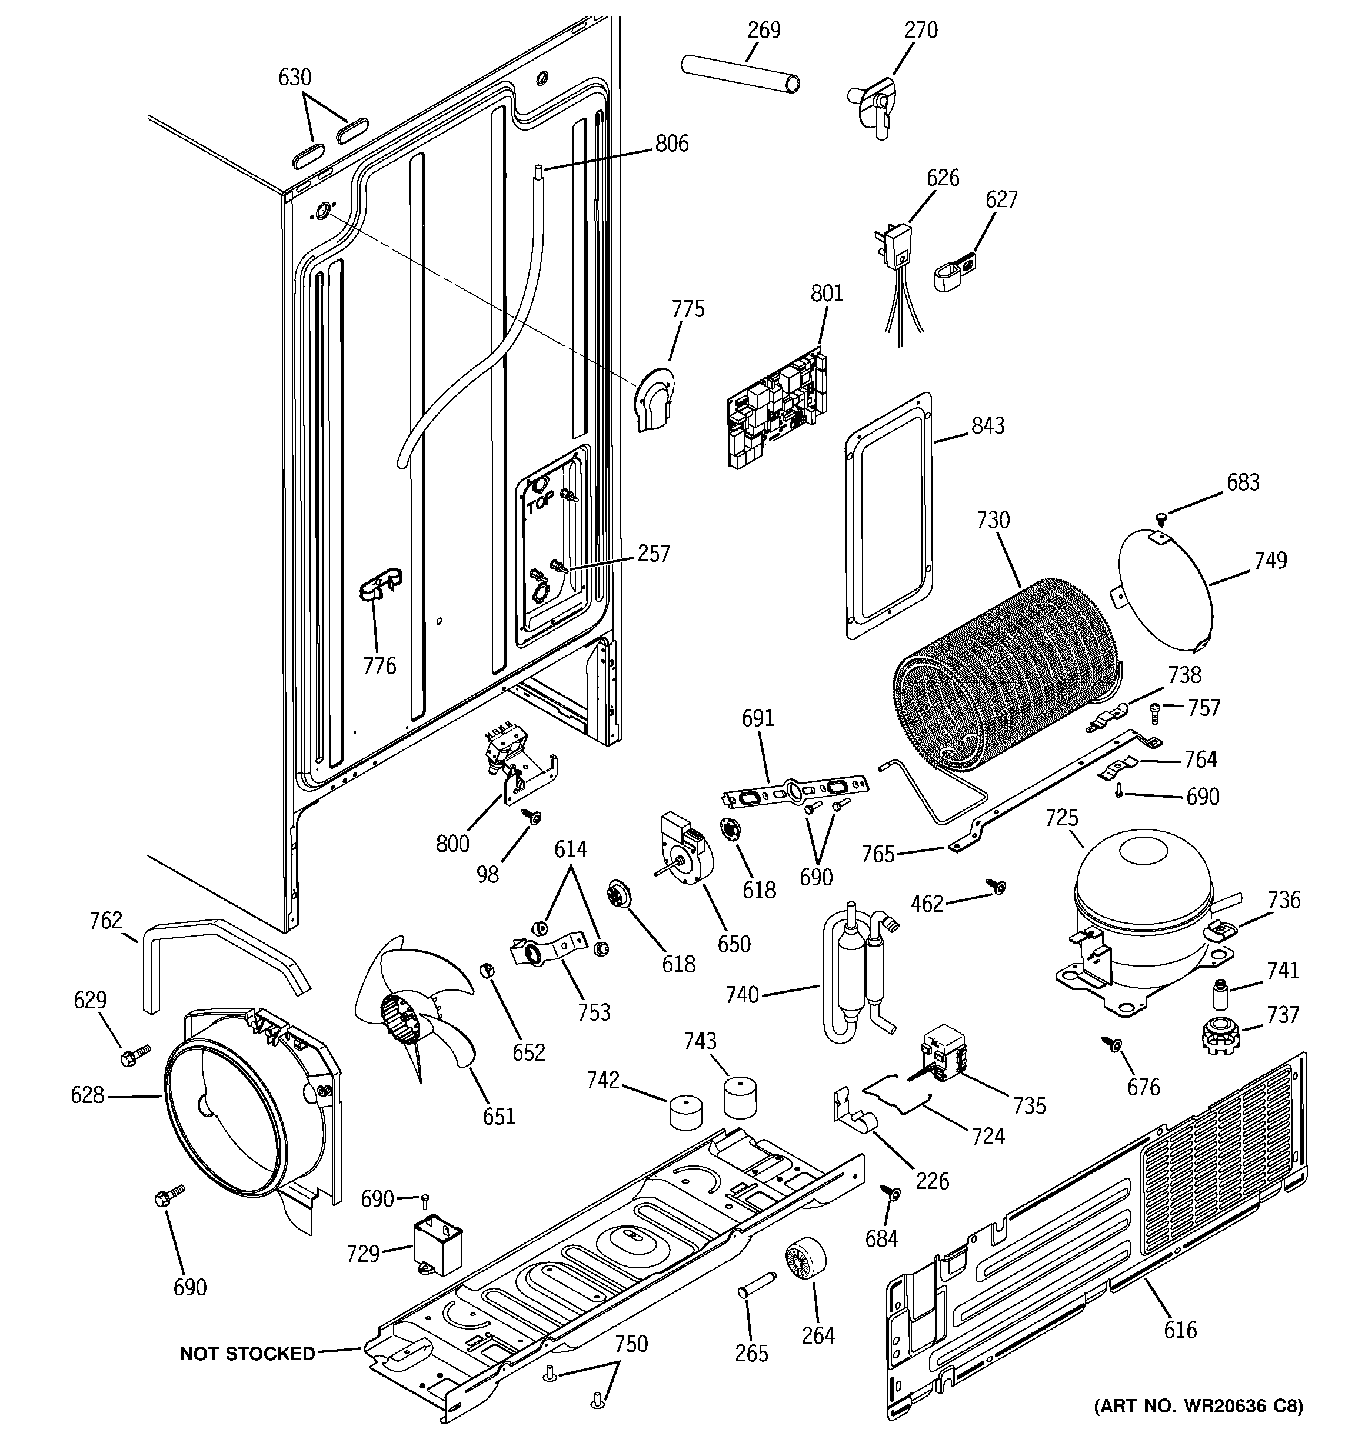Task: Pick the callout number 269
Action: pos(764,30)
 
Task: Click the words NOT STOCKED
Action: pos(247,1354)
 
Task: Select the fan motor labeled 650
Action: pos(685,849)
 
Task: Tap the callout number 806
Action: pos(672,143)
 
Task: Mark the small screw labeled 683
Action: pos(1160,518)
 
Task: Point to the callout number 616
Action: pos(1180,1330)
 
